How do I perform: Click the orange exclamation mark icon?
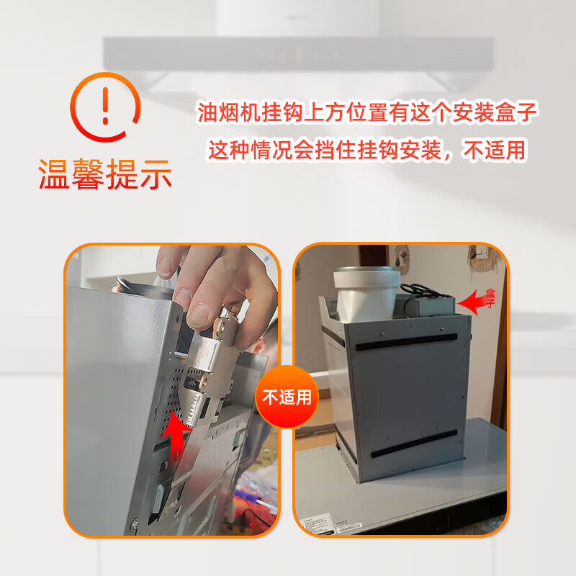coord(105,107)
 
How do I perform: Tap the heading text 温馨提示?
coord(105,174)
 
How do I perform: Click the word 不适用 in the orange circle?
coord(287,397)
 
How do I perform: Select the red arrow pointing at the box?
coord(474,303)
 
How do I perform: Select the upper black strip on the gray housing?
coord(410,343)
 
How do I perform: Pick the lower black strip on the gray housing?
coord(415,441)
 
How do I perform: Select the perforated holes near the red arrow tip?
coord(170,403)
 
